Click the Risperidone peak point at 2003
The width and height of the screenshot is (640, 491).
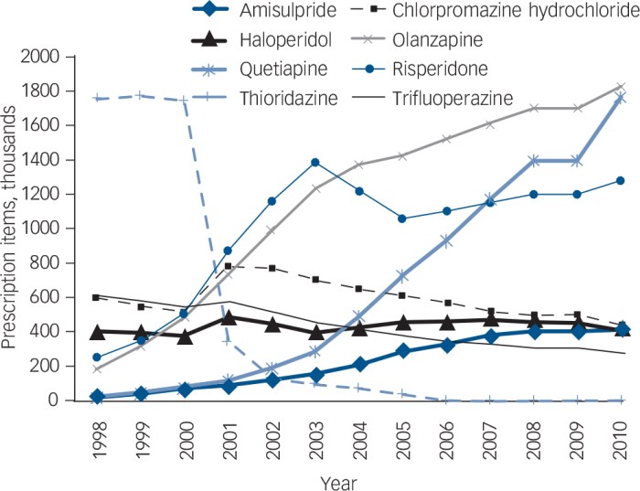coord(315,162)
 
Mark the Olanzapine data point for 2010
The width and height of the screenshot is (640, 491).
coord(621,87)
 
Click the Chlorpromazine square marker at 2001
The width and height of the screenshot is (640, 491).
coord(229,266)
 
